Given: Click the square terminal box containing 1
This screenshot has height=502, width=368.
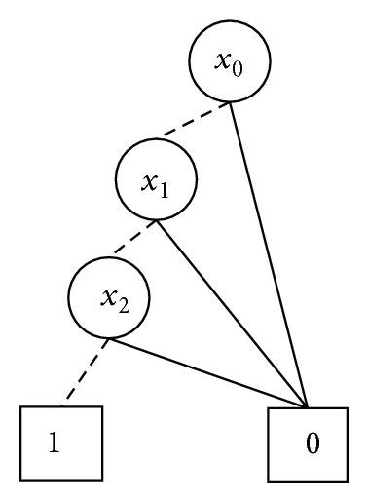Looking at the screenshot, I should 61,444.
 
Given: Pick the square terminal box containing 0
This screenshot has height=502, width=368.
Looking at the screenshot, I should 309,444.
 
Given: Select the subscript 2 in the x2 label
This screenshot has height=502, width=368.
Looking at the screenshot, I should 120,305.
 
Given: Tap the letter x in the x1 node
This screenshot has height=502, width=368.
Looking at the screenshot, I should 149,180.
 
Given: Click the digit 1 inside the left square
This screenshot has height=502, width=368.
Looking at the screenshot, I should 55,444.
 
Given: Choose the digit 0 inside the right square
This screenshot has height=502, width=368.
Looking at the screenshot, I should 312,444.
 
